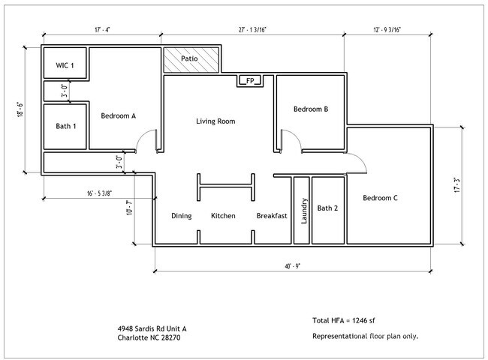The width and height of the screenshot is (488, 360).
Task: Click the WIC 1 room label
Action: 65,66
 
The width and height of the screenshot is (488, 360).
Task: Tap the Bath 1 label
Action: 66,126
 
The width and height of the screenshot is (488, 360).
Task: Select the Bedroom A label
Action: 118,115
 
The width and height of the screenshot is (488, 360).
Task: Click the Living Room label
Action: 215,121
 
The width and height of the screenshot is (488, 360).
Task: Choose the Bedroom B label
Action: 310,109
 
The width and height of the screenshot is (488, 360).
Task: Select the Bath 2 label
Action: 327,208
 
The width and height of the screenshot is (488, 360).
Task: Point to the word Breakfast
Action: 272,216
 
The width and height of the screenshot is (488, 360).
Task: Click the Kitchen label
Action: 223,216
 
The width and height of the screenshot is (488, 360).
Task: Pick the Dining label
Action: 181,216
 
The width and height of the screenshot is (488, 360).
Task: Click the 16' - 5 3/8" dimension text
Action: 100,193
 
